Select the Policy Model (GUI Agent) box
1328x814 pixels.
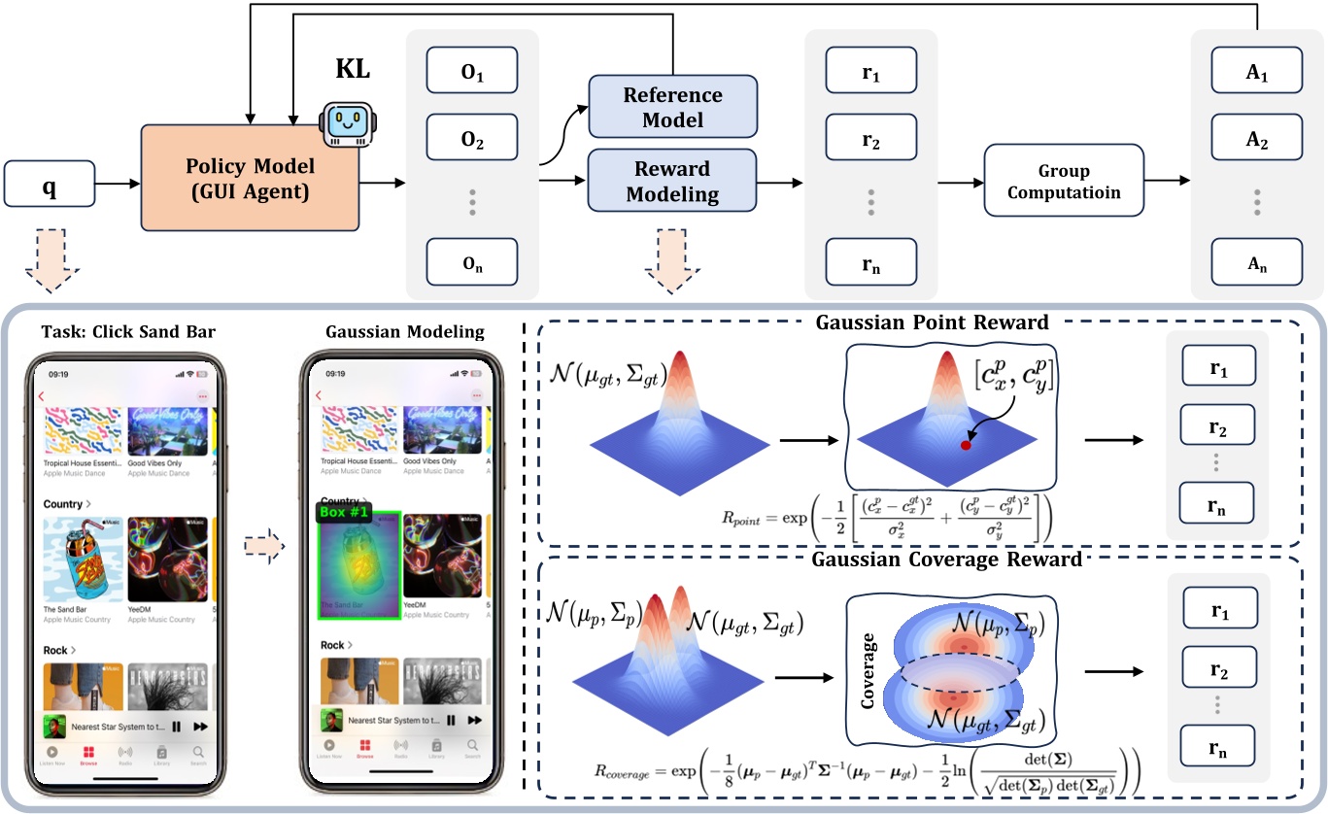point(250,179)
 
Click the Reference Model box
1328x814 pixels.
point(672,108)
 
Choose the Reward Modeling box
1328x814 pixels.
point(672,182)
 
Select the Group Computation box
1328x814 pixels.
point(1064,182)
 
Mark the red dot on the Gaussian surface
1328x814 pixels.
point(966,446)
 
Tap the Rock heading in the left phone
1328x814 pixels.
point(58,649)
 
